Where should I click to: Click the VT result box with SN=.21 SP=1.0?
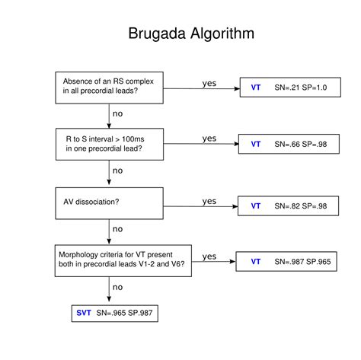289,88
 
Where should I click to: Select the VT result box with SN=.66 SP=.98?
289,144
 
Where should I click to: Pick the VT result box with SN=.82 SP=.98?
289,205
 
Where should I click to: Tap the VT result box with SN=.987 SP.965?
292,262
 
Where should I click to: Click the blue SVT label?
84,313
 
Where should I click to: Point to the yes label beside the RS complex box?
209,83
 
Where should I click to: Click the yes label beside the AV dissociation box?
209,201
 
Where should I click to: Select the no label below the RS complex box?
117,113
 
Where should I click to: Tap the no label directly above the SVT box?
117,288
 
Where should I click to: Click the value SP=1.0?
315,88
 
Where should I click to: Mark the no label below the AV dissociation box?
117,228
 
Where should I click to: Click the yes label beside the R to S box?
209,139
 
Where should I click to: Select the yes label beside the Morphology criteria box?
210,256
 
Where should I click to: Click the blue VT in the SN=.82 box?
256,205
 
